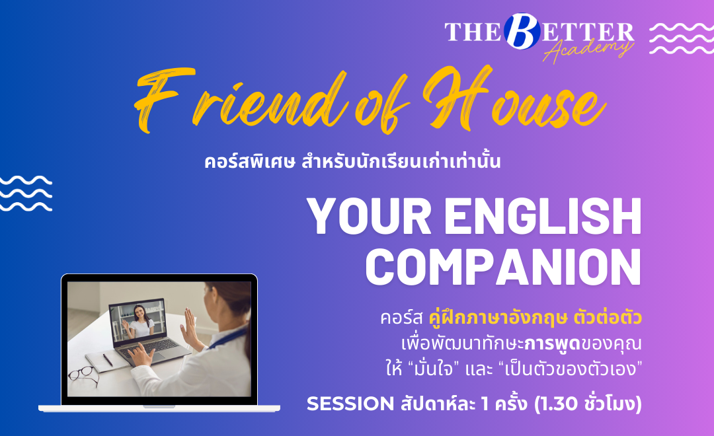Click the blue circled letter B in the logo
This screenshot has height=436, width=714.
pyautogui.click(x=522, y=31)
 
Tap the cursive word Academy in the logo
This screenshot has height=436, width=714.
pyautogui.click(x=588, y=49)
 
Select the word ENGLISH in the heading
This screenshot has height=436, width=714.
pyautogui.click(x=543, y=216)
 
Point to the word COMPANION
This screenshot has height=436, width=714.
pyautogui.click(x=504, y=267)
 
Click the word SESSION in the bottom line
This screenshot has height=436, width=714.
pyautogui.click(x=350, y=404)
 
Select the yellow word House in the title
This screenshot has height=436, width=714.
pyautogui.click(x=514, y=100)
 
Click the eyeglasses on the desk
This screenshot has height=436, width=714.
pyautogui.click(x=83, y=375)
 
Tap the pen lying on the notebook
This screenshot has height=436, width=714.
pyautogui.click(x=108, y=359)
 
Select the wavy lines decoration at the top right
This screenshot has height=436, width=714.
pyautogui.click(x=681, y=38)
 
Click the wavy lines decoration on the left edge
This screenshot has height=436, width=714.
pyautogui.click(x=26, y=194)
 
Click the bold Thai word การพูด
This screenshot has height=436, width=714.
pyautogui.click(x=552, y=343)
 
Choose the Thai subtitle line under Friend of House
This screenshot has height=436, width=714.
pyautogui.click(x=352, y=162)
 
